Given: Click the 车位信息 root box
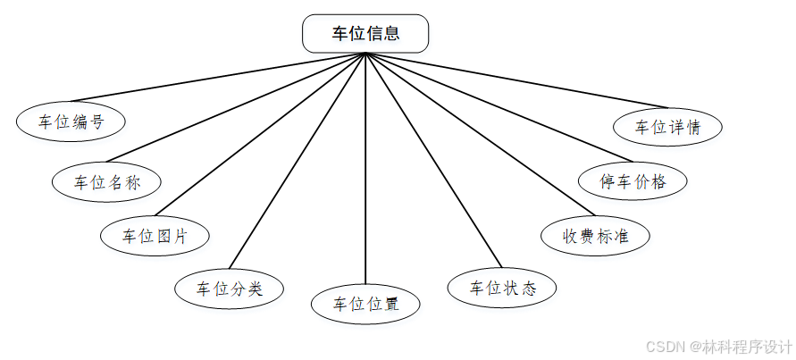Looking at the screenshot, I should tap(365, 34).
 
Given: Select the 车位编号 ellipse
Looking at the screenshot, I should tap(71, 122).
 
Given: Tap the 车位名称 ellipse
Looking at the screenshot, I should tap(106, 182).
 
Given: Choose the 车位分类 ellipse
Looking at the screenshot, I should tap(230, 289).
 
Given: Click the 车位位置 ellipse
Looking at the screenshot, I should tap(365, 304).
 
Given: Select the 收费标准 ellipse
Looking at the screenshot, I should tap(596, 236).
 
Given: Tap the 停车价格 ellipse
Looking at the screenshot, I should tap(633, 181).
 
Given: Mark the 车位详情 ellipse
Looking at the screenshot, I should tap(667, 127).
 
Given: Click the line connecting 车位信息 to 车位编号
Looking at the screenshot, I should tap(219, 77).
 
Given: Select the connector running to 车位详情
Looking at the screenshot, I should tap(518, 81).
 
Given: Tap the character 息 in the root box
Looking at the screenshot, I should tap(390, 34).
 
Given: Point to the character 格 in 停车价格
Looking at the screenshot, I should tap(659, 181).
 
